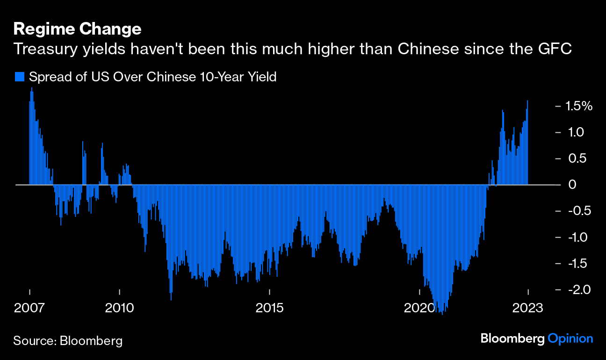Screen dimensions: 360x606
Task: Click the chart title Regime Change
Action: pyautogui.click(x=77, y=29)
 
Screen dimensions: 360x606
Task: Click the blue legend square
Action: pyautogui.click(x=20, y=77)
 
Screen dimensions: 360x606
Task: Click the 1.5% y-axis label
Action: pyautogui.click(x=579, y=106)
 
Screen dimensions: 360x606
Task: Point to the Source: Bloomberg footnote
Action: pyautogui.click(x=68, y=340)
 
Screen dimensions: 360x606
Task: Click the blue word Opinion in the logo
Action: pyautogui.click(x=570, y=338)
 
